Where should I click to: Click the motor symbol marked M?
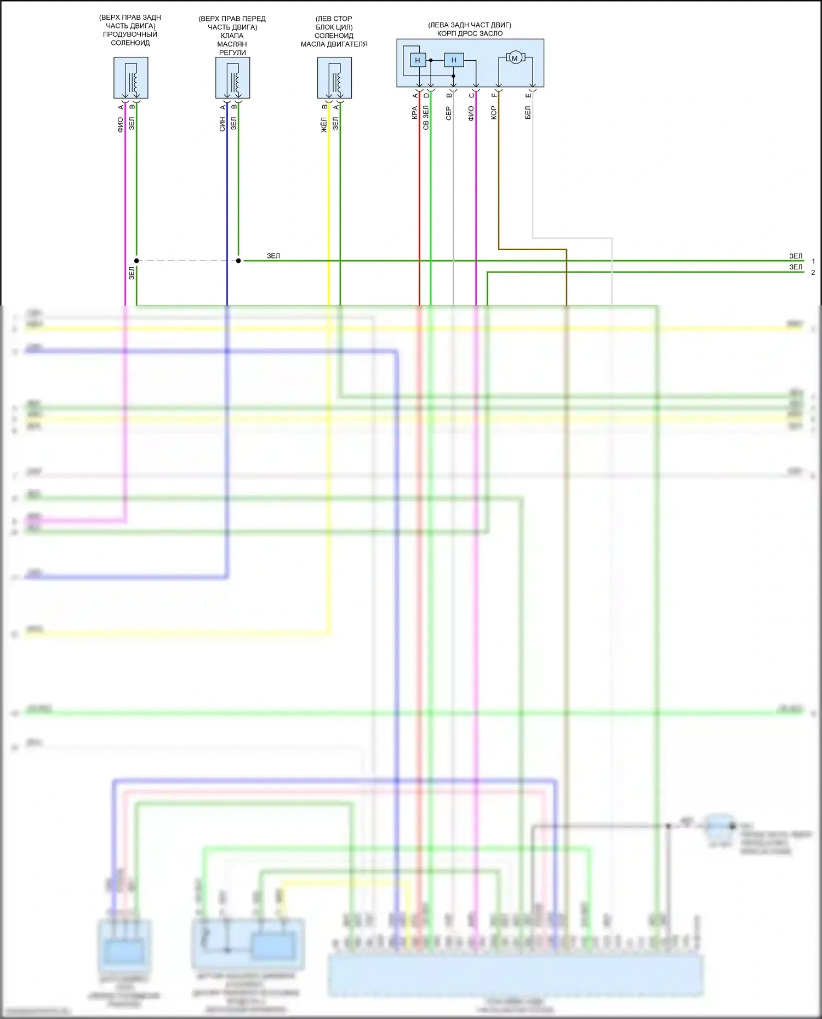515,57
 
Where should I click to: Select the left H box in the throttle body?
418,60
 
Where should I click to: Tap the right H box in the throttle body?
454,60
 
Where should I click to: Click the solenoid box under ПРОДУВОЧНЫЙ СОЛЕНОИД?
131,78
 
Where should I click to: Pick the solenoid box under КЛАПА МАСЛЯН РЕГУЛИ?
233,78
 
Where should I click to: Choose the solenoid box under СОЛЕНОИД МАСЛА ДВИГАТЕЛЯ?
334,78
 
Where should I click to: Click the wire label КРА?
415,113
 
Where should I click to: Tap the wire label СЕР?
449,113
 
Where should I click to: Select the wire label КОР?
494,113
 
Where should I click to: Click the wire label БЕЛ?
528,113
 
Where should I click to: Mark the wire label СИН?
222,124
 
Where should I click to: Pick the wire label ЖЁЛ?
324,124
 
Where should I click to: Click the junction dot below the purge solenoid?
136,261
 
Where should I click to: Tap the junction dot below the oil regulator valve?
238,261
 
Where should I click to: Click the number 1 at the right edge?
813,261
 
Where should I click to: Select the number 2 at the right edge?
813,273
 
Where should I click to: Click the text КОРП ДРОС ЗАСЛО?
470,33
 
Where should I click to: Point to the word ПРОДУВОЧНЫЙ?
130,34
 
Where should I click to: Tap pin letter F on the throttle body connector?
494,95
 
